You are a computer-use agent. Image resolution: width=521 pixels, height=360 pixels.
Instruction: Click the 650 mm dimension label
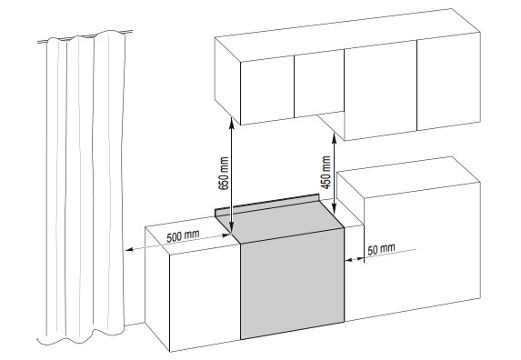point(225,174)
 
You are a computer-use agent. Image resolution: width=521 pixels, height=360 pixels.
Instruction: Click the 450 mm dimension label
point(327,173)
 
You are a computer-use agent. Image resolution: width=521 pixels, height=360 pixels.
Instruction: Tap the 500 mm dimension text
point(183,235)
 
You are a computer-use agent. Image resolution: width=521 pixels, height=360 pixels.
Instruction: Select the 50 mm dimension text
point(382,249)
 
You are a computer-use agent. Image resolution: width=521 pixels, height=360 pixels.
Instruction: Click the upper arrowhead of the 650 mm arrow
point(231,120)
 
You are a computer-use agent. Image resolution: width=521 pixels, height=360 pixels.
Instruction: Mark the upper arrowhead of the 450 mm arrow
point(335,136)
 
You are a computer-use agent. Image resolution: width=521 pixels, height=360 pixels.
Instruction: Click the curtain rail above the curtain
point(85,37)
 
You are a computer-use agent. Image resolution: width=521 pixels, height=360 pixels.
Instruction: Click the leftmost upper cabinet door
point(267,90)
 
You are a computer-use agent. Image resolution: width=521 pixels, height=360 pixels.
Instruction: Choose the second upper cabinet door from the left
point(319,83)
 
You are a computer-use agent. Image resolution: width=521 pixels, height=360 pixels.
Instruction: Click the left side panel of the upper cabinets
point(227,80)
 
